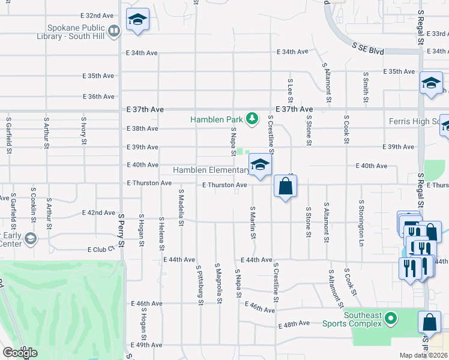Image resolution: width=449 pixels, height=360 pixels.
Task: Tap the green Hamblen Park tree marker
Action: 253,117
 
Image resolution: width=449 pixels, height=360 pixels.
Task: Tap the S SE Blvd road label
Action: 367,48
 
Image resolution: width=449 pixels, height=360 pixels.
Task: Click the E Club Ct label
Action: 101,249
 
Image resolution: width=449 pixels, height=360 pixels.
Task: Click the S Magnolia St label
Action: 219,281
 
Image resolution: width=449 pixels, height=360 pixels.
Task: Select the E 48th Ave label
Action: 294,323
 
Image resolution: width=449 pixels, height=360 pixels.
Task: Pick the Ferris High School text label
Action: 414,122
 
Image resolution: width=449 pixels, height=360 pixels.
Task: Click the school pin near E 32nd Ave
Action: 137,22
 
